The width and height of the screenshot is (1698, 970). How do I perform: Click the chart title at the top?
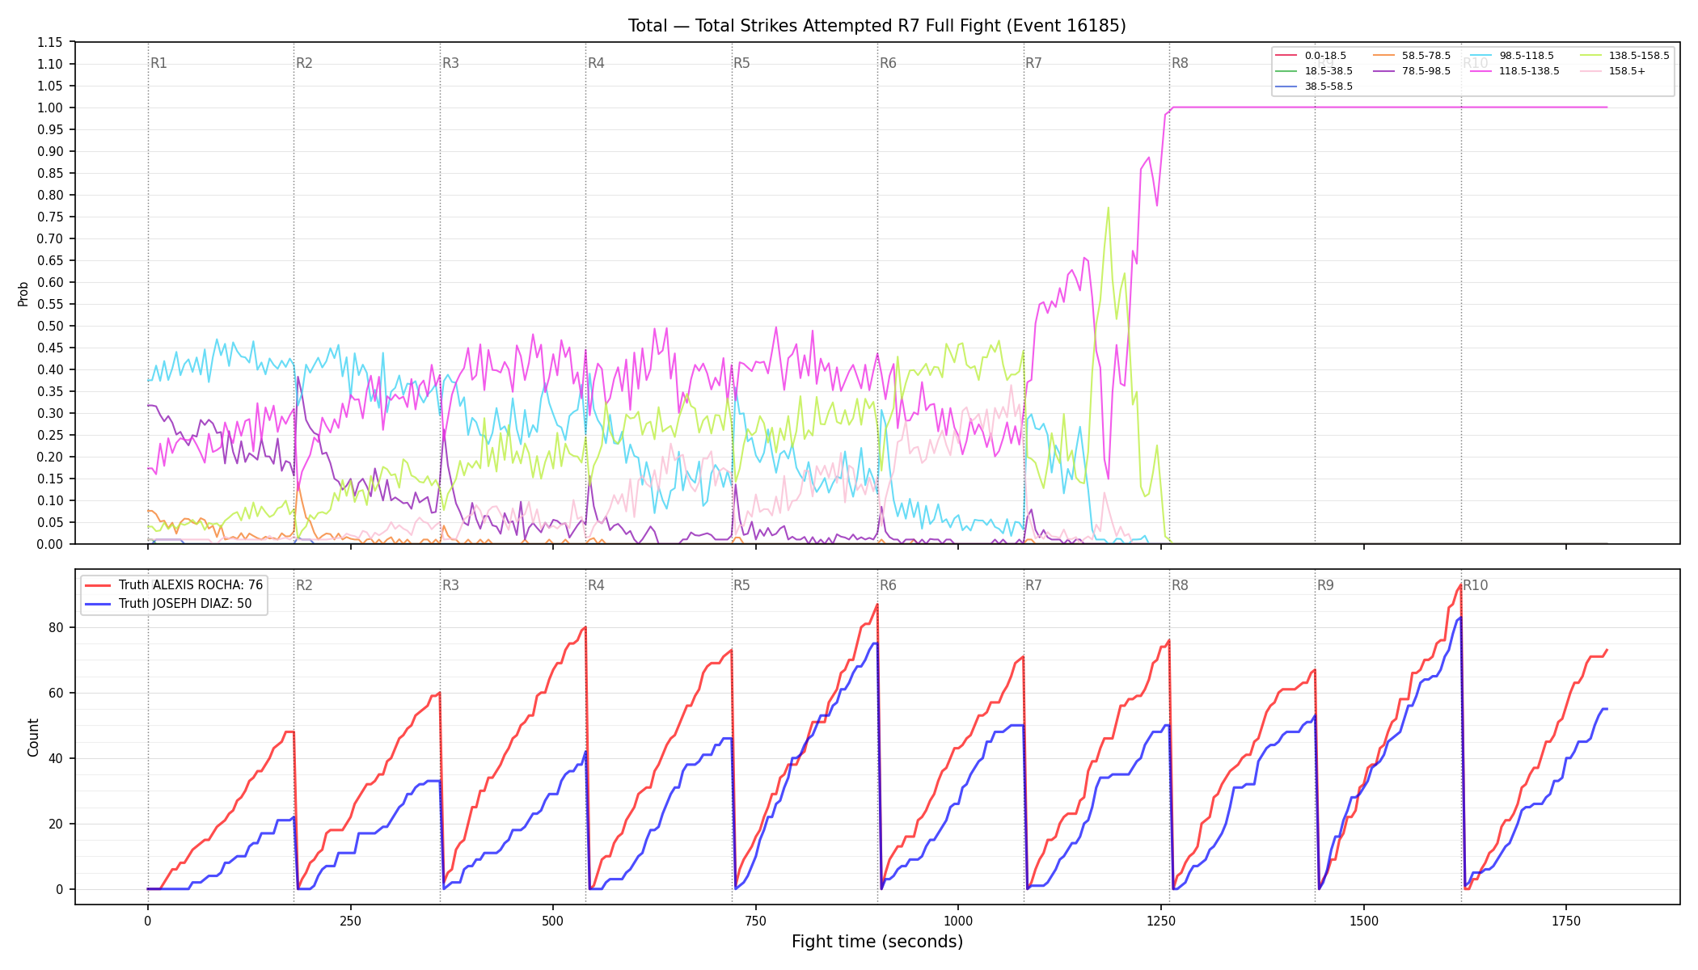(876, 26)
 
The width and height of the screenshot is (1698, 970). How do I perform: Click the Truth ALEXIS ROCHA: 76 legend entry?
(174, 585)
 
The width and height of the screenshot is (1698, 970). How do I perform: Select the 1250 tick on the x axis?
(1161, 921)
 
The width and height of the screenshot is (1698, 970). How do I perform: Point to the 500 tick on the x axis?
(553, 921)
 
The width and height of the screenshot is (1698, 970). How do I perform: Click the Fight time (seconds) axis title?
(877, 942)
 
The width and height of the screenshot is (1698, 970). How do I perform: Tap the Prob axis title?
(23, 293)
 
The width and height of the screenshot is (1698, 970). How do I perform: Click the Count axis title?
(33, 737)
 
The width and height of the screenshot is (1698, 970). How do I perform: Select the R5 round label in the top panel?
(741, 63)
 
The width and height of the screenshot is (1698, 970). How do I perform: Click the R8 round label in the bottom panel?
(1180, 585)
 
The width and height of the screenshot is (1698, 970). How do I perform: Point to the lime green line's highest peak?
(1108, 208)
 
